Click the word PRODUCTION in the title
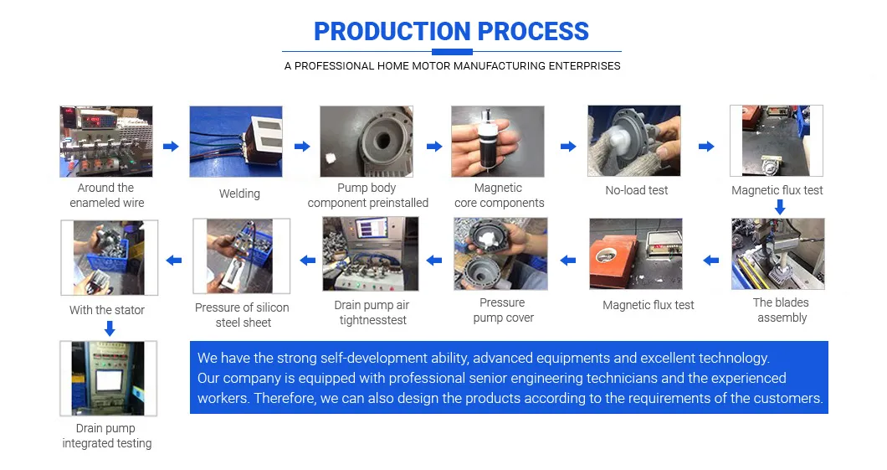pyautogui.click(x=387, y=32)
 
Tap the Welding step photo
pyautogui.click(x=236, y=142)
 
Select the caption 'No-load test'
pyautogui.click(x=637, y=190)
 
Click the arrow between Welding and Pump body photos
pyautogui.click(x=302, y=147)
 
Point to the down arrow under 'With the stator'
pyautogui.click(x=110, y=328)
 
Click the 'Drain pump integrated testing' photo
pyautogui.click(x=108, y=379)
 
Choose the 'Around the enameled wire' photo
pyautogui.click(x=106, y=142)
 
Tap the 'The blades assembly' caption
pyautogui.click(x=782, y=310)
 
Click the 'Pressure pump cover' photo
pyautogui.click(x=500, y=254)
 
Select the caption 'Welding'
pyautogui.click(x=239, y=194)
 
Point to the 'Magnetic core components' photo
pyautogui.click(x=498, y=142)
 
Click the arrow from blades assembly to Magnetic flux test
pyautogui.click(x=711, y=261)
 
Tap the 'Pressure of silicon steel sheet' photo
pyautogui.click(x=242, y=256)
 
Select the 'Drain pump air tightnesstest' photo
pyautogui.click(x=371, y=254)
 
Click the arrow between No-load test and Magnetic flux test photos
pyautogui.click(x=706, y=147)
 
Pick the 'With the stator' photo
pyautogui.click(x=109, y=258)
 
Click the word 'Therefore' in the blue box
pyautogui.click(x=284, y=398)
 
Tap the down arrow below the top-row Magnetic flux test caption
pyautogui.click(x=780, y=207)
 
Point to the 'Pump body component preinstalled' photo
pyautogui.click(x=367, y=142)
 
